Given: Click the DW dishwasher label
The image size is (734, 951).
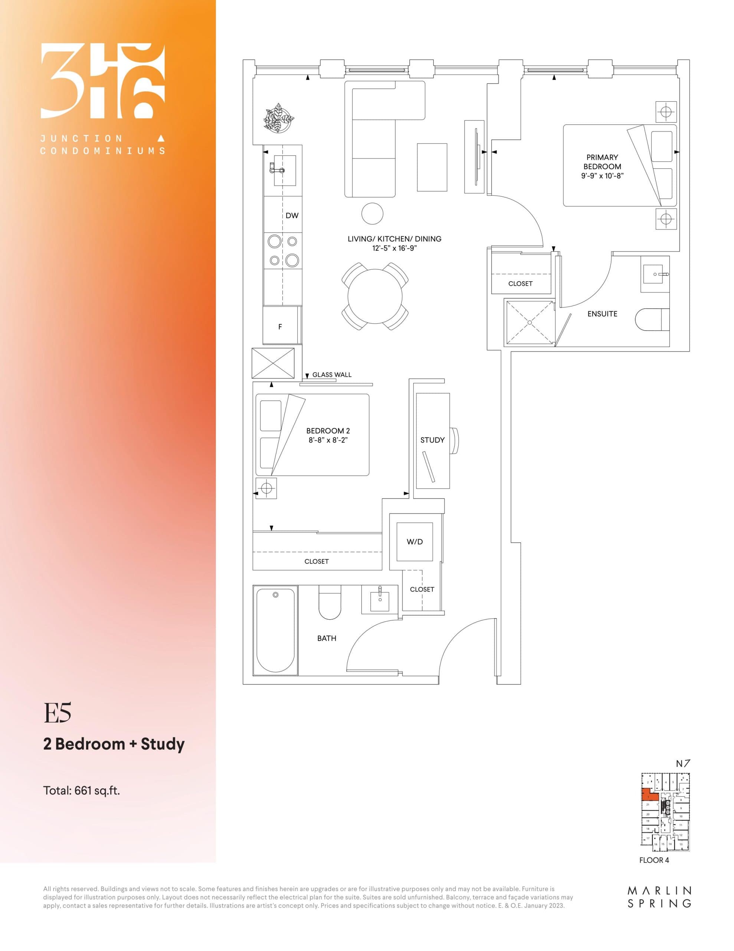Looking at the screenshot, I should pos(292,215).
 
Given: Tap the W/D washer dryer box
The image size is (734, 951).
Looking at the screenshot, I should pos(414,542).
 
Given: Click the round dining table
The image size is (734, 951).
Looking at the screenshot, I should pos(375,296).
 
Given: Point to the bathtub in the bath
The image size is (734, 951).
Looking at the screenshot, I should pos(275,630).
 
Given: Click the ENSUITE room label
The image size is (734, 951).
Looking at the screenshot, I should pos(602,314).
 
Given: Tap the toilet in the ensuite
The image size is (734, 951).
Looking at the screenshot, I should pos(651,319).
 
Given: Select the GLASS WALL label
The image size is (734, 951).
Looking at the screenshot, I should pos(331,374).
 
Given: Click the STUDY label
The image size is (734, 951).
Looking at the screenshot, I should pos(432,440).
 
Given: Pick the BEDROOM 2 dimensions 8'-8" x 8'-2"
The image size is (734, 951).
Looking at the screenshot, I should pos(328,440).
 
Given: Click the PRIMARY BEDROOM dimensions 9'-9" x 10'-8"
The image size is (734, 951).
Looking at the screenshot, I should pos(602,176).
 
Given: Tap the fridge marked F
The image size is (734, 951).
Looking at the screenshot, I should pos(281,326).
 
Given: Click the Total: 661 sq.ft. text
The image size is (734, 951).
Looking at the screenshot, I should pos(81,790).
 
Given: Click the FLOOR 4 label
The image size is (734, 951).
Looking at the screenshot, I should pos(653,860).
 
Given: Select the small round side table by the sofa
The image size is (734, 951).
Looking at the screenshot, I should pos(372,214).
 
